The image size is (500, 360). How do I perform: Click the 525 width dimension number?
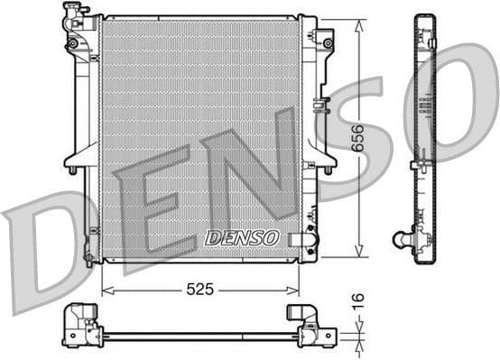(x=199, y=290)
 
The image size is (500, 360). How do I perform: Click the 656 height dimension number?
(x=359, y=136)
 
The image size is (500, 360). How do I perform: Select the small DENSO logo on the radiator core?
(x=243, y=237)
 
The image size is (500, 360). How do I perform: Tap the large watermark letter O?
(x=451, y=99)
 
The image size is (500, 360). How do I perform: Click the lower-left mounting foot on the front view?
(x=88, y=260)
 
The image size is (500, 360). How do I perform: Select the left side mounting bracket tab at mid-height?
(x=72, y=168)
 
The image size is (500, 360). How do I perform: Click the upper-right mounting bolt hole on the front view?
(x=328, y=42)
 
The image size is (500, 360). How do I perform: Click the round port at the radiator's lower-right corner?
(x=310, y=239)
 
